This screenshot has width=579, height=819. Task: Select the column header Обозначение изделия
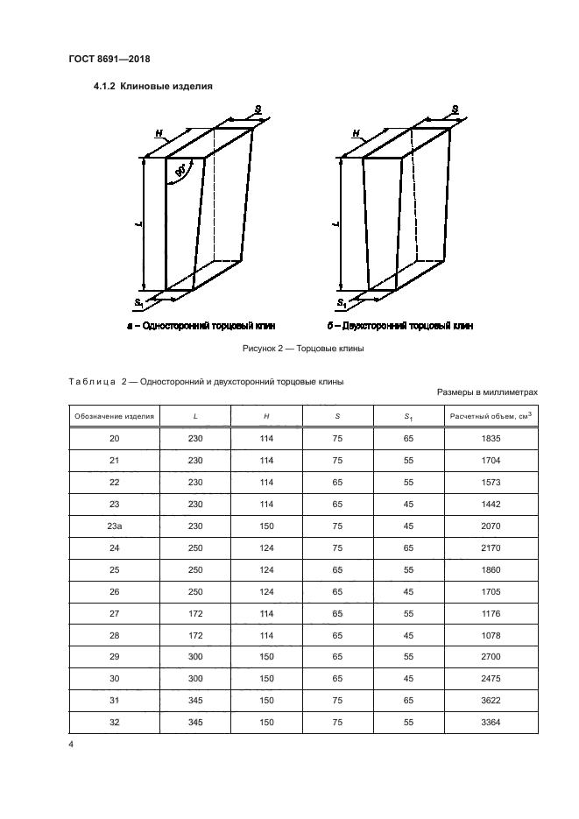coord(114,417)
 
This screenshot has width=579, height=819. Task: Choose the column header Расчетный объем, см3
coord(491,416)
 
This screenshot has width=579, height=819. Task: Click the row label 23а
coord(114,526)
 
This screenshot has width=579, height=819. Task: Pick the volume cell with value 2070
coord(491,526)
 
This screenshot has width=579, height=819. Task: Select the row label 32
coord(114,723)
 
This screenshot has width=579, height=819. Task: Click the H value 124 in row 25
coord(266,569)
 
